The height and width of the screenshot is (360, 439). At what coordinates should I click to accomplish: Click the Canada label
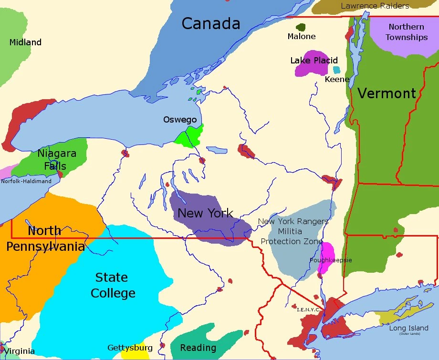(x=210, y=23)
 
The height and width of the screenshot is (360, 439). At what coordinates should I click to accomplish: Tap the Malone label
(x=301, y=36)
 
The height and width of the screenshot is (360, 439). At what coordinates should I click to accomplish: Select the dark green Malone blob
(x=301, y=28)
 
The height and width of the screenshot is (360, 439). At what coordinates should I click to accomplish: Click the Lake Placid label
(x=314, y=61)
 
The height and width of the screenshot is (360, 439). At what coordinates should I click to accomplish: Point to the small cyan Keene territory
(x=337, y=70)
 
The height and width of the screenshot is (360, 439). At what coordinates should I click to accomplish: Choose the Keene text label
(x=337, y=79)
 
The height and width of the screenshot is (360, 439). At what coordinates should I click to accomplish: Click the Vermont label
(x=387, y=93)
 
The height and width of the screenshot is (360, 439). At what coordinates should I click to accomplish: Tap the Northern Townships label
(x=406, y=32)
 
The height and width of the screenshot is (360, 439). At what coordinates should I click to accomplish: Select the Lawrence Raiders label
(x=375, y=6)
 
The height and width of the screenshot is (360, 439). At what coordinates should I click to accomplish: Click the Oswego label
(x=179, y=119)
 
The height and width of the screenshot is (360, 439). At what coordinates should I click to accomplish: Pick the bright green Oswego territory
(x=189, y=137)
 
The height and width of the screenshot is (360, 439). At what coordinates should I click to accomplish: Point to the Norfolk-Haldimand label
(x=26, y=181)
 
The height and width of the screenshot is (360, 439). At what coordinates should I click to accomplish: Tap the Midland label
(x=25, y=42)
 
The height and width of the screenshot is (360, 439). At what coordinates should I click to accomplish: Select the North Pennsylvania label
(x=45, y=238)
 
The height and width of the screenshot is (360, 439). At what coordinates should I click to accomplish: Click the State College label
(x=113, y=285)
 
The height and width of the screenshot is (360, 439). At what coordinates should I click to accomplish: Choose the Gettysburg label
(x=130, y=348)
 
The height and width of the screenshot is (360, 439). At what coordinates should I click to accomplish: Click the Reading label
(x=198, y=348)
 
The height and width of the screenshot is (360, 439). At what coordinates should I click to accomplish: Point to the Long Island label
(x=408, y=329)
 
